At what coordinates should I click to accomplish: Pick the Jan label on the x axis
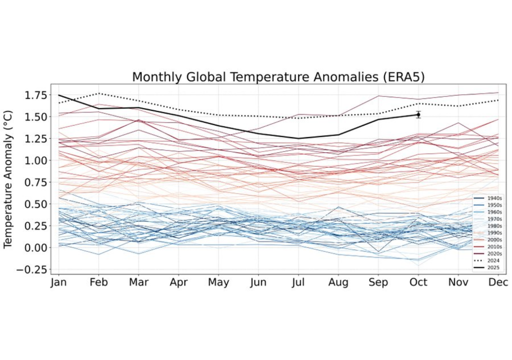59,282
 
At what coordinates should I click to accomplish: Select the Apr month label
178,282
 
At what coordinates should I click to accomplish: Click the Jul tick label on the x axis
298,282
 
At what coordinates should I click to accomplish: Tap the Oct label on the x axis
418,282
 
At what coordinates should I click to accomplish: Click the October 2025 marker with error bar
418,115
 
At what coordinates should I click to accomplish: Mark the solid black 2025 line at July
298,138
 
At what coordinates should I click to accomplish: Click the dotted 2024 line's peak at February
99,93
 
